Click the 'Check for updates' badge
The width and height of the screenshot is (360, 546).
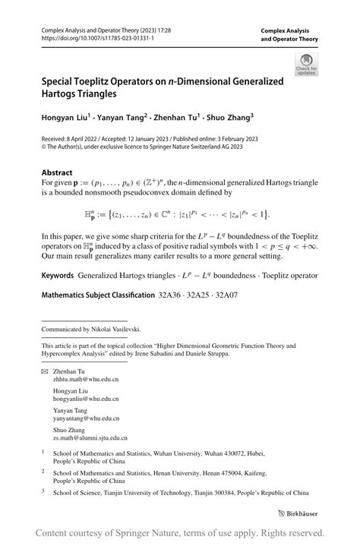pos(306,64)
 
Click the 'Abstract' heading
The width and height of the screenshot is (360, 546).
pos(57,172)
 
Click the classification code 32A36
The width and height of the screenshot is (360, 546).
pos(169,293)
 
